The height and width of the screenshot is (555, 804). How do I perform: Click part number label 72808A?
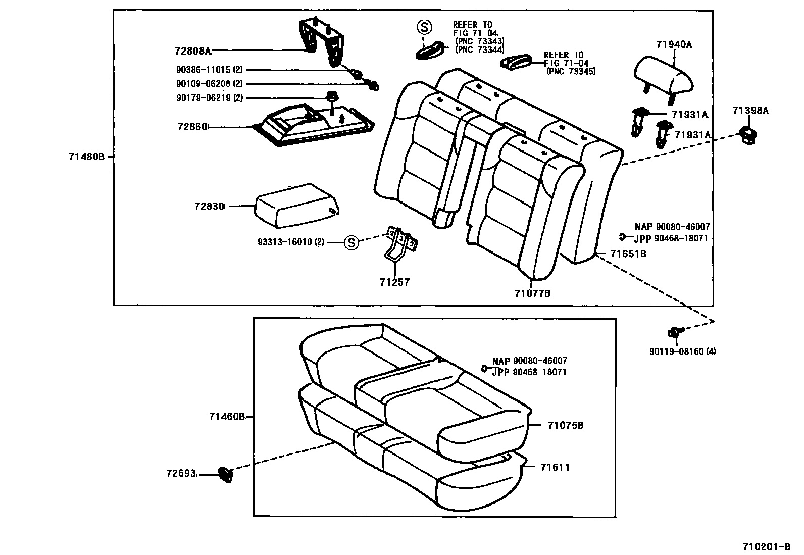coord(192,51)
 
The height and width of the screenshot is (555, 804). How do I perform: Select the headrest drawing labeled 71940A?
coord(663,76)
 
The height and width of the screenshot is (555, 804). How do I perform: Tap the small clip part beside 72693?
coord(226,474)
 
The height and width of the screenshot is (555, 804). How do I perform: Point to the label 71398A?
coord(750,111)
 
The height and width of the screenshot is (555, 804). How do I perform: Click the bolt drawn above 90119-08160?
coord(674,332)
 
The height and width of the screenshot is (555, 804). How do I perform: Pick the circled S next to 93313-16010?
coord(351,243)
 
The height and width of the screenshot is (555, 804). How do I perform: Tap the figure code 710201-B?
coord(766,547)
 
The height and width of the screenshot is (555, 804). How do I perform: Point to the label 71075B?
coord(565,425)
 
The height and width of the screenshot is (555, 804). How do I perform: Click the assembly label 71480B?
coord(86,157)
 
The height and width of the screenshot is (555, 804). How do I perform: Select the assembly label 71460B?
coord(227,417)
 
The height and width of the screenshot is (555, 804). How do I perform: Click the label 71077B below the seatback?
coord(532,293)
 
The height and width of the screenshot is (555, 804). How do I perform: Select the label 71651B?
coord(628,254)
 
